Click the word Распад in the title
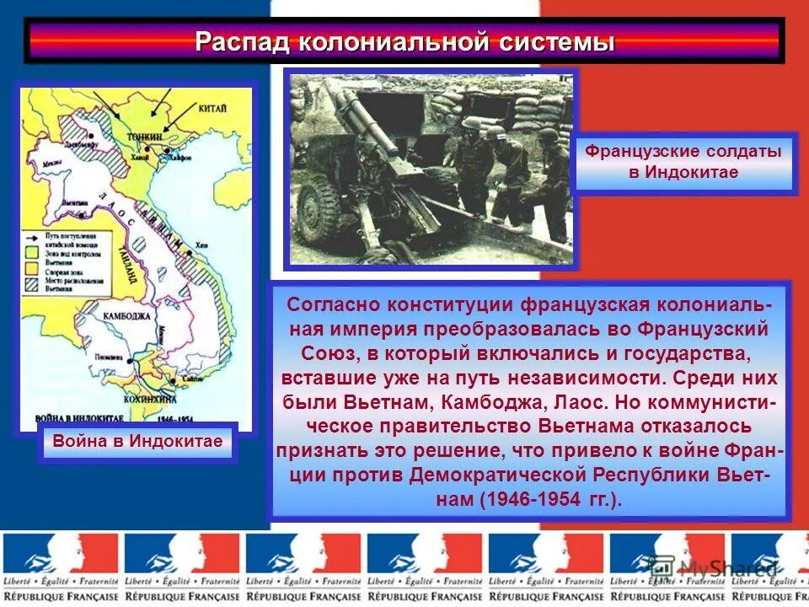coord(241,42)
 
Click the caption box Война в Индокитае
coord(137,441)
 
